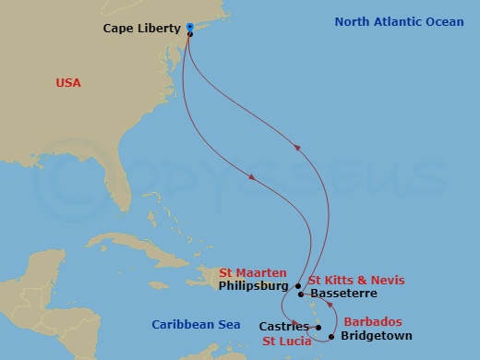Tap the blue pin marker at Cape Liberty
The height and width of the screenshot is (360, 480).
tap(189, 27)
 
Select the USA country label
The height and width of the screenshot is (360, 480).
tap(68, 83)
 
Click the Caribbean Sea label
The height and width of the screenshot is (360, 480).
tap(196, 324)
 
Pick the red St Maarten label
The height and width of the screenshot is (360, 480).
tap(253, 272)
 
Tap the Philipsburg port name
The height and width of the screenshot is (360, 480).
tap(255, 286)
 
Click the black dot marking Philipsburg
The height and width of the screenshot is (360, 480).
tap(299, 286)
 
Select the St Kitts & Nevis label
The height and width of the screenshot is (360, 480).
tap(356, 280)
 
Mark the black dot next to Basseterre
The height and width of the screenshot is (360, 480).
tap(302, 294)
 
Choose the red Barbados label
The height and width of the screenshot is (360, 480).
tap(372, 322)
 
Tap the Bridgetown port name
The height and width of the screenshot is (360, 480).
tap(376, 336)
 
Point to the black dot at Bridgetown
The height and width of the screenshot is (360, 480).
tap(330, 336)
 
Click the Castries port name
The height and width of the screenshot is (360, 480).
tap(283, 326)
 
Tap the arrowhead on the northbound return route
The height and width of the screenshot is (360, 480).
tap(296, 145)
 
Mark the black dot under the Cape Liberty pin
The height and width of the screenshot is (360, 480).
tap(189, 34)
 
